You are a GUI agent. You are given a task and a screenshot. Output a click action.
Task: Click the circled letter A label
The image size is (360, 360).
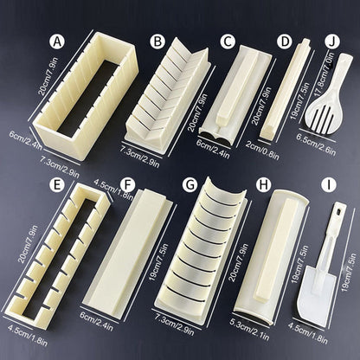pos(57,42)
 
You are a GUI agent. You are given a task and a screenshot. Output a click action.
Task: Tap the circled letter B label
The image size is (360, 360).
pos(157,42)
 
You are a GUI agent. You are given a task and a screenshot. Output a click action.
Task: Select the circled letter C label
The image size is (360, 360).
pos(228,42)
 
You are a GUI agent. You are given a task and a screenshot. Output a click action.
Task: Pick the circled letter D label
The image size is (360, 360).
pos(285,42)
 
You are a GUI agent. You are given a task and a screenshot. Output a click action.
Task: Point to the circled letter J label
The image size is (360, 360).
pos(332,42)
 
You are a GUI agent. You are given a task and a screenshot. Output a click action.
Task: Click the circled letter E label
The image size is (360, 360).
pos(57,184)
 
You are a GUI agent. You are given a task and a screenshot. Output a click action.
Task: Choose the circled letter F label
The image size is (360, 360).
pos(127,184)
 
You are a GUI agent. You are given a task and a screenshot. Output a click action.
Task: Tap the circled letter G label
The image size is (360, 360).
pos(190,184)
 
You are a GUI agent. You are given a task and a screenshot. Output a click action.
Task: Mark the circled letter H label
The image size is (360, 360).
pos(264,184)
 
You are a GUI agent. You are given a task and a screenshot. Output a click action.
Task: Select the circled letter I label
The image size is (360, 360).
pos(329,184)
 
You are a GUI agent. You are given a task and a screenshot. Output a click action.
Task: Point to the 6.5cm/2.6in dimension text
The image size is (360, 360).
pos(316,145)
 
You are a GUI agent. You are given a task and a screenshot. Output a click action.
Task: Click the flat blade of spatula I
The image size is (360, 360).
pos(317,294)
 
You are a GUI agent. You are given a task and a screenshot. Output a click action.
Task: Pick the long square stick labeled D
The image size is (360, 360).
pos(286,89)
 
